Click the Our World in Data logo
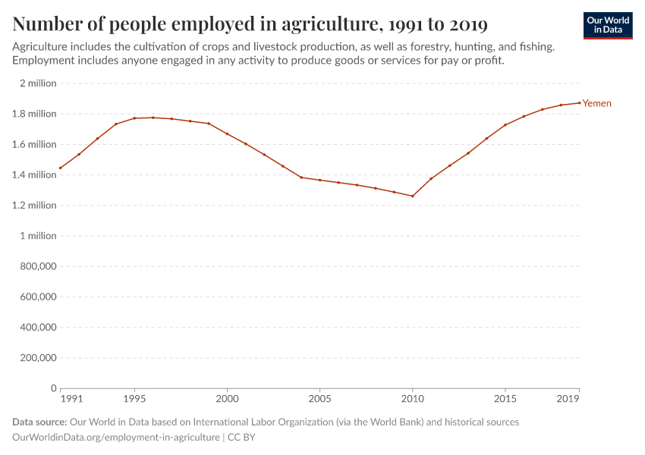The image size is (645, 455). (x=608, y=25)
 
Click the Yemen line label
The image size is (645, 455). (x=596, y=103)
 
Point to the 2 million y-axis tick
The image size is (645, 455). (x=38, y=83)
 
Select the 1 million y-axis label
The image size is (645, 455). (x=38, y=236)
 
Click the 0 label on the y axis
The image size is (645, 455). (x=53, y=388)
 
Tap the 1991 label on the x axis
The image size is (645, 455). (x=71, y=398)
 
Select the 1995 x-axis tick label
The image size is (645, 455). (x=134, y=398)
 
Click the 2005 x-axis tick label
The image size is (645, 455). (x=319, y=398)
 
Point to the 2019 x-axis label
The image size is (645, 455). (x=568, y=398)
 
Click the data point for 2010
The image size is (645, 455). (x=413, y=196)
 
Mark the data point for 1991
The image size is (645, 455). (x=60, y=168)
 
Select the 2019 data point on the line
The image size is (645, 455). (x=579, y=103)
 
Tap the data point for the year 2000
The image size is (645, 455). (x=227, y=134)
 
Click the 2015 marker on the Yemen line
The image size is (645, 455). (x=505, y=125)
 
